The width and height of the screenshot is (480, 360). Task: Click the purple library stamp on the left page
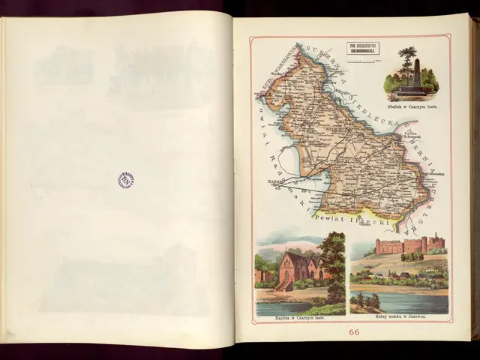(x=126, y=180)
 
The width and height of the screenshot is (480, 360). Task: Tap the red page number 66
(x=353, y=332)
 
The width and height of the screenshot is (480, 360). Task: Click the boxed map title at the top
(x=362, y=49)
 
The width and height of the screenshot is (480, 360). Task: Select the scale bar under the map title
(x=362, y=58)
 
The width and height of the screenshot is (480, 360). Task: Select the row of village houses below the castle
(x=397, y=276)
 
